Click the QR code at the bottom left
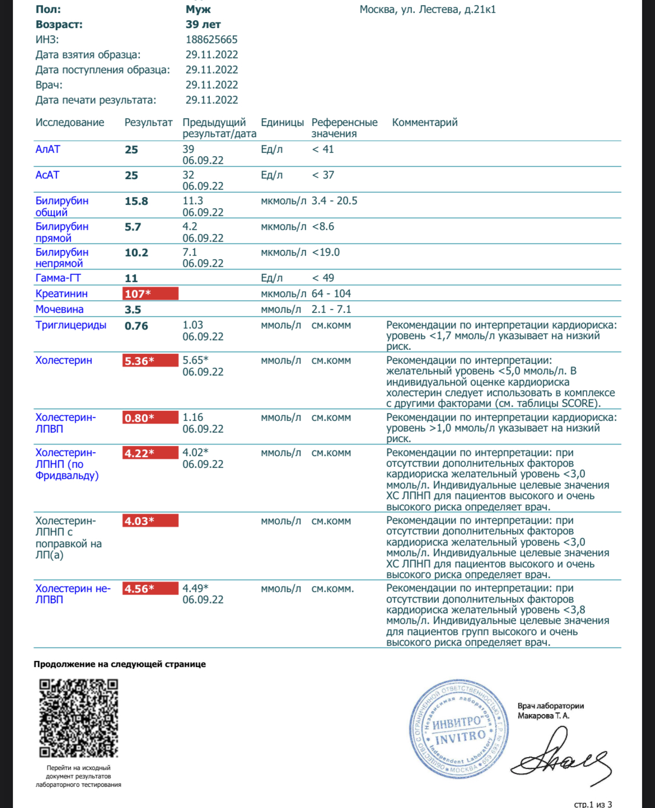click(x=78, y=718)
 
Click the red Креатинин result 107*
click(x=150, y=294)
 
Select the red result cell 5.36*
click(x=150, y=361)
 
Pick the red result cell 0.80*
click(x=150, y=418)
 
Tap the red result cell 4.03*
click(x=150, y=521)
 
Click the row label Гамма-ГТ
click(x=58, y=278)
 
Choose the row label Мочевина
click(x=59, y=309)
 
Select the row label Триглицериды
click(x=71, y=325)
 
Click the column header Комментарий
click(x=424, y=123)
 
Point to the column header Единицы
click(x=282, y=123)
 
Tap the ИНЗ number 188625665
click(x=212, y=40)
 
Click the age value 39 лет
click(x=203, y=25)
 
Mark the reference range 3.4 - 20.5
click(x=334, y=201)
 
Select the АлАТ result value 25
click(x=132, y=150)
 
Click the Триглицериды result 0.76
click(x=136, y=326)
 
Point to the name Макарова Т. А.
click(x=543, y=716)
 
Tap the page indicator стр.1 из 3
click(x=593, y=804)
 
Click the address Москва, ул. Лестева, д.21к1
click(x=427, y=10)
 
